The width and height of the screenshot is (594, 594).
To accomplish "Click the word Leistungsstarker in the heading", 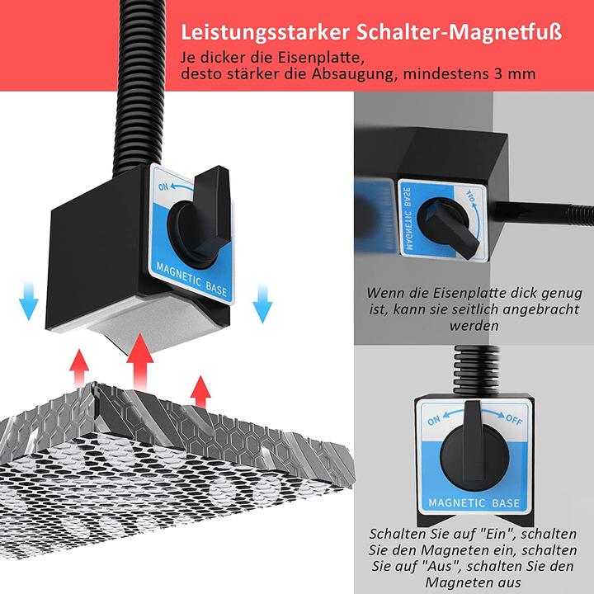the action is tap(265, 33).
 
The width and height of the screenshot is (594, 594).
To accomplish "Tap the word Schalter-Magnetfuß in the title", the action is tap(460, 32).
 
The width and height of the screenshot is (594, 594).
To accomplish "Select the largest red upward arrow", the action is tap(139, 362).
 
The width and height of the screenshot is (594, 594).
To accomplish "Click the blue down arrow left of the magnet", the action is tap(28, 301).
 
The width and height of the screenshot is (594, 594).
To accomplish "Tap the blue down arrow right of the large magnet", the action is tap(262, 303).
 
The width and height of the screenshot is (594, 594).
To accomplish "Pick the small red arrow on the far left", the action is tap(79, 367).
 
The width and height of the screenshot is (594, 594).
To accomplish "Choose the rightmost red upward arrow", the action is tap(200, 392).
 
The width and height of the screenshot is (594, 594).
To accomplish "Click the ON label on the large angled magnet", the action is tap(163, 186).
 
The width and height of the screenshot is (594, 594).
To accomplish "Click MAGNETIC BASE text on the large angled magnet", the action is tap(191, 280).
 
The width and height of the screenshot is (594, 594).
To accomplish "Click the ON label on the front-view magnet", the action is tap(434, 421).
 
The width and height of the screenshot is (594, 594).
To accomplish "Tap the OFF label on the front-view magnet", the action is tap(514, 419).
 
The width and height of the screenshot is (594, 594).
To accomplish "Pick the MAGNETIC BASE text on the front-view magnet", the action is tap(474, 502).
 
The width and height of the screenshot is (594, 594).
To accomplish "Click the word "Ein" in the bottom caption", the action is tap(497, 534).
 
